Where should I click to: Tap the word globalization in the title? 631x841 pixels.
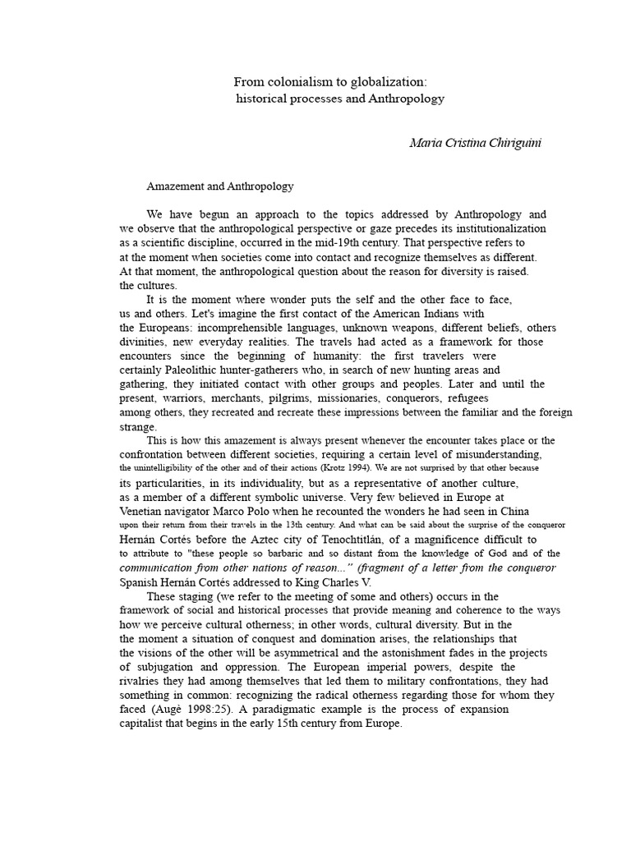pos(386,81)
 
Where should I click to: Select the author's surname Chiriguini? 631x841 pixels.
pos(512,143)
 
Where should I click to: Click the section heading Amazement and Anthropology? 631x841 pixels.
pos(219,186)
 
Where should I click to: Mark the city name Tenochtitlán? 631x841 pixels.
pos(352,539)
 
